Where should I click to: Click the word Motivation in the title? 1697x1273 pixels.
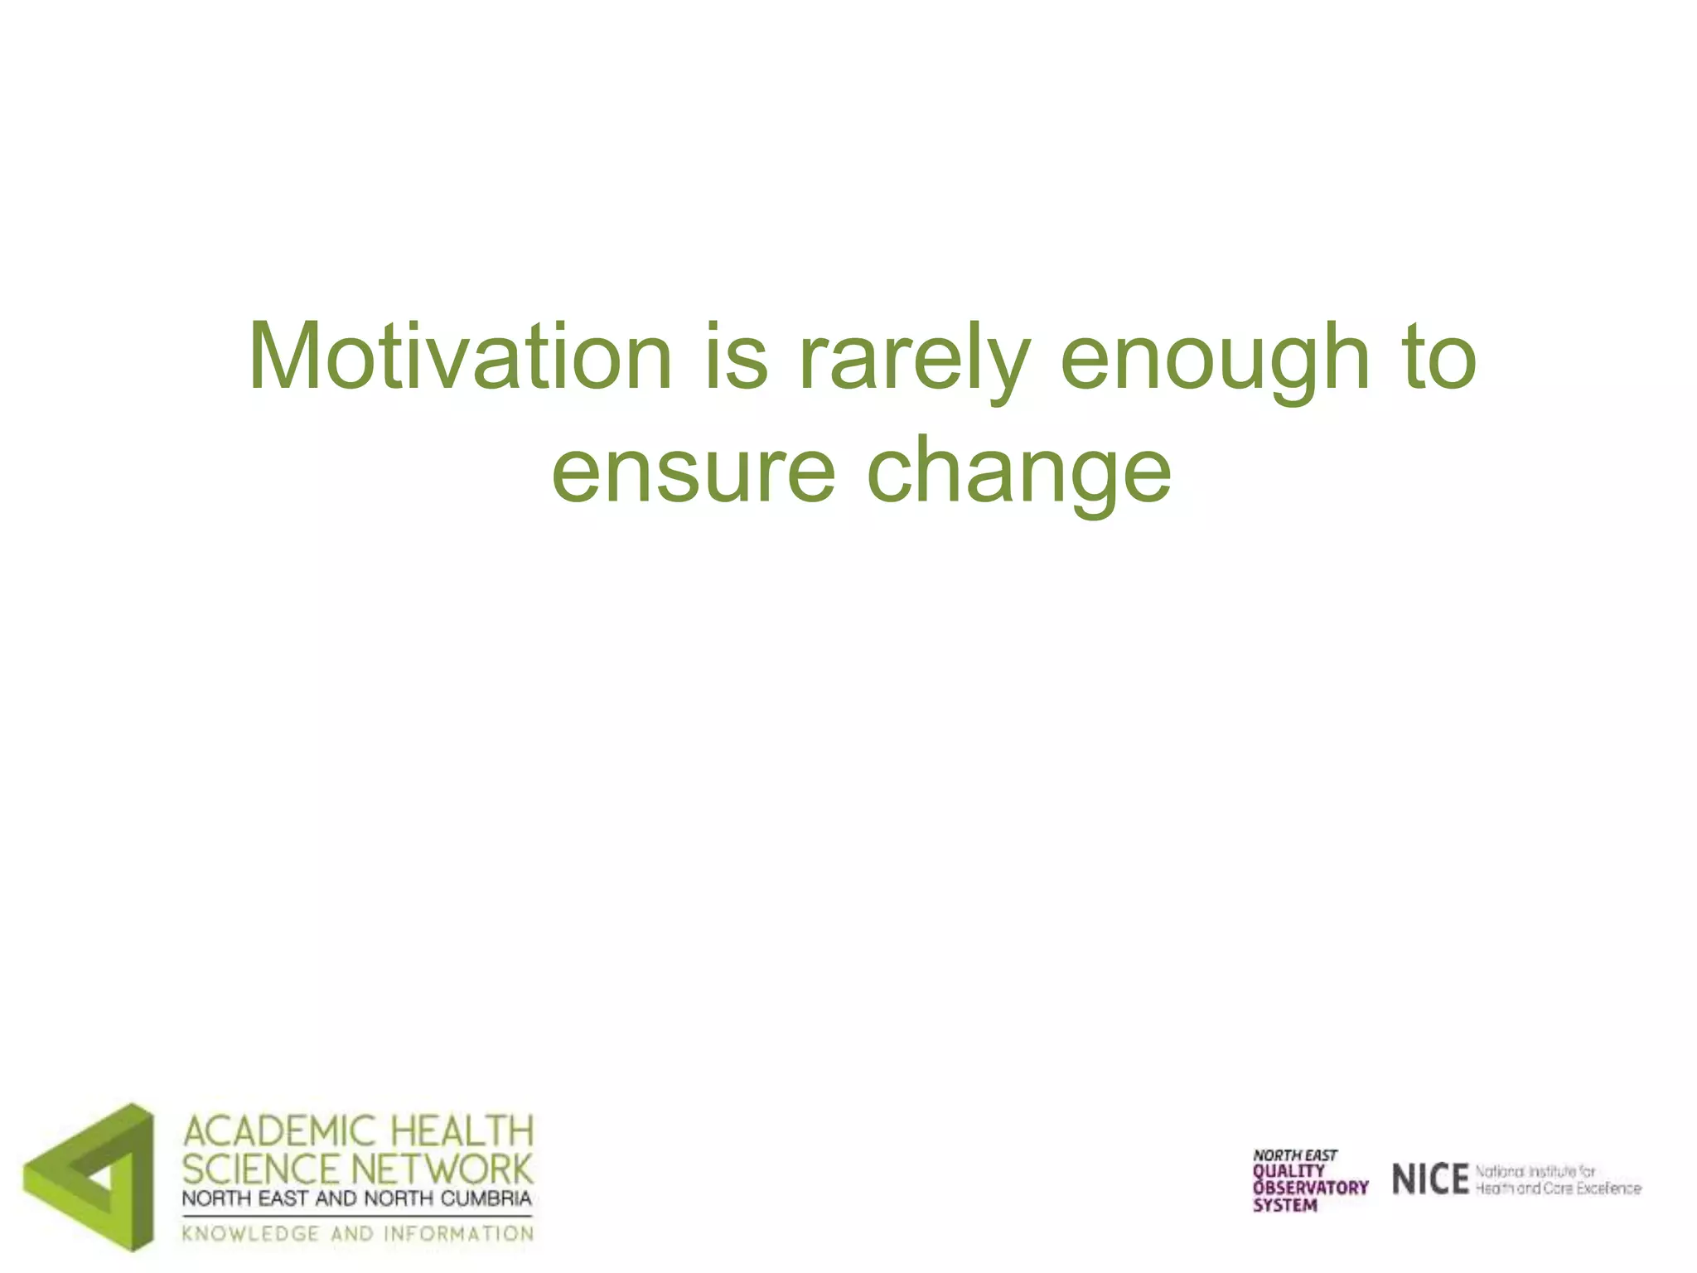coord(460,358)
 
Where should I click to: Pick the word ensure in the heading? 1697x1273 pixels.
coord(694,472)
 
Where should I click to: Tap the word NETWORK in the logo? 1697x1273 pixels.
coord(443,1169)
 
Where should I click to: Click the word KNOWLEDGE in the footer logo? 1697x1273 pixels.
coord(250,1233)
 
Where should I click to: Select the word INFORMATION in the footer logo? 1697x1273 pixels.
coord(458,1233)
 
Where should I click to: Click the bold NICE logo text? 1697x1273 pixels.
coord(1430,1179)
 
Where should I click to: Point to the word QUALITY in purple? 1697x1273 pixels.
coord(1288,1171)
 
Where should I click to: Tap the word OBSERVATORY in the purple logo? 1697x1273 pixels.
coord(1310,1188)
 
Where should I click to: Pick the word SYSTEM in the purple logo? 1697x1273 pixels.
coord(1284,1205)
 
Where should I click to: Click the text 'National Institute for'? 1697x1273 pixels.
coord(1535,1171)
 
